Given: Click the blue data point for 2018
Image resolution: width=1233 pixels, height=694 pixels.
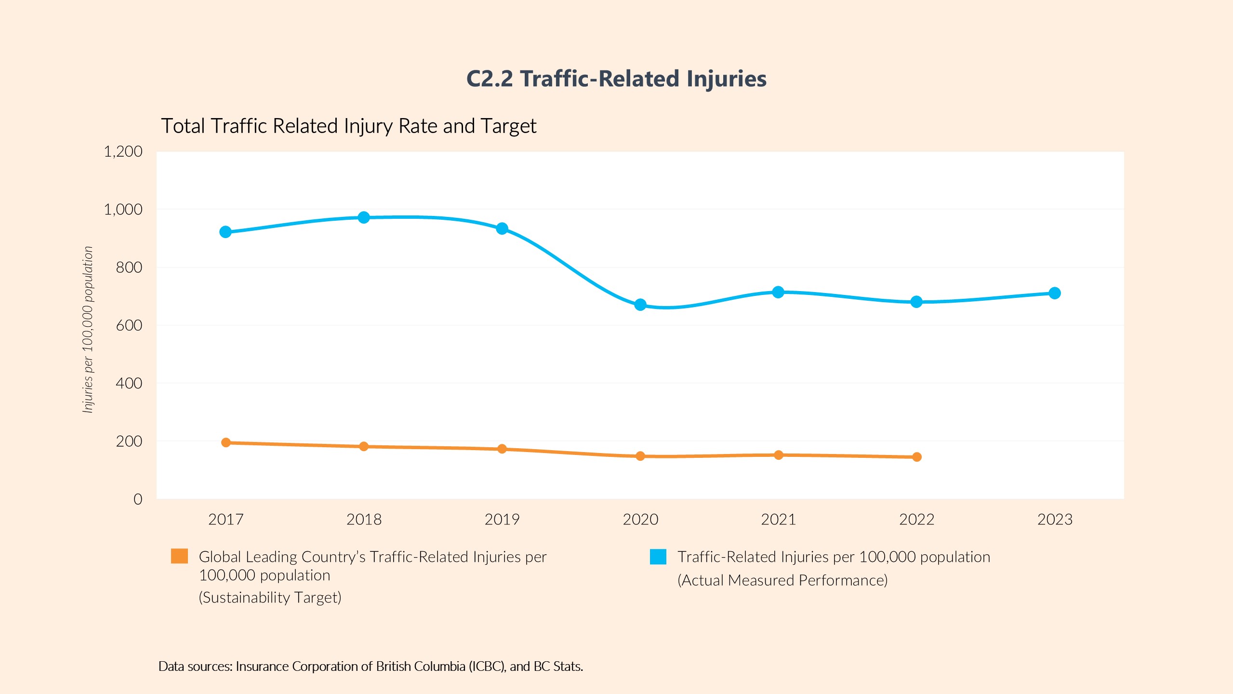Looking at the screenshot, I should point(364,217).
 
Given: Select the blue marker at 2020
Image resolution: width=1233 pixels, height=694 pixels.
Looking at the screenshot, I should point(640,305).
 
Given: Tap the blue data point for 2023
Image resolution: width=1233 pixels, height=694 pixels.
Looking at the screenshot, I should point(1055,293).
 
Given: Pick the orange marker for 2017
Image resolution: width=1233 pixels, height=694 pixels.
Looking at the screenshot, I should point(226,442).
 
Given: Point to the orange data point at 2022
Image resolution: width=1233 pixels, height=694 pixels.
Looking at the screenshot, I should point(917,457).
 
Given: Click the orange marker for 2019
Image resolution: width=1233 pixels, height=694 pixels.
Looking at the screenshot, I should point(502,449).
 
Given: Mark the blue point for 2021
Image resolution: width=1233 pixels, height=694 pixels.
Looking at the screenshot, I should point(778,292).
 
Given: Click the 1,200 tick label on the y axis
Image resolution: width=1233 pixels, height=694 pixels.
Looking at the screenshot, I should point(123,152).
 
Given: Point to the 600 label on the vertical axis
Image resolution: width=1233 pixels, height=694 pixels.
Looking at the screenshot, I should point(129,325).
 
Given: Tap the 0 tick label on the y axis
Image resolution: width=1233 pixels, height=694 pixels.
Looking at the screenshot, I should point(138,499).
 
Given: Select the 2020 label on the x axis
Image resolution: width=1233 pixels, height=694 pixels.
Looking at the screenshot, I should point(640,520).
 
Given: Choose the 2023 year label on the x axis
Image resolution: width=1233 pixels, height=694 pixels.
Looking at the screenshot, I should point(1055,520).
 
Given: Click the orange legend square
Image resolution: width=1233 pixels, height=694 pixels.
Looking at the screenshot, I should point(179,556).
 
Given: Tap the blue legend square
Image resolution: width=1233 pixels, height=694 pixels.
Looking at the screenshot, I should point(658,557).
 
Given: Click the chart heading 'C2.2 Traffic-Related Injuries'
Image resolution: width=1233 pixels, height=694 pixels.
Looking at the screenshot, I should point(616,79).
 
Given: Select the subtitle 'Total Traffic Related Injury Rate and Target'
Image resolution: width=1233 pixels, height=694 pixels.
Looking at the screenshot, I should point(348,126).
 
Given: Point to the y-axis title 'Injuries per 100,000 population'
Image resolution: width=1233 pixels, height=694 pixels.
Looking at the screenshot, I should point(88,330).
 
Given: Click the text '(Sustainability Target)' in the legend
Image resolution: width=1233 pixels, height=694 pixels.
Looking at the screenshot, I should point(270,598).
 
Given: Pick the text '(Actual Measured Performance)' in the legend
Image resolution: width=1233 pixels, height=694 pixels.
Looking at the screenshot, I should point(782,580).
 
